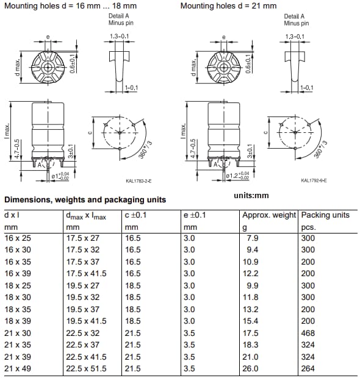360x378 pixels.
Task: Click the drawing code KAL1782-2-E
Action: point(139,181)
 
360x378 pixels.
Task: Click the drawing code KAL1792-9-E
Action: point(314,180)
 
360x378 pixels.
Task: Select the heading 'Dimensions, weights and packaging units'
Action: point(85,200)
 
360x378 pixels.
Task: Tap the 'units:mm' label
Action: point(251,196)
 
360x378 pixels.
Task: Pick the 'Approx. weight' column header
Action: point(269,215)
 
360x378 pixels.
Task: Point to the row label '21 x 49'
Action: point(17,368)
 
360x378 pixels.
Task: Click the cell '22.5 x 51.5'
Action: point(86,368)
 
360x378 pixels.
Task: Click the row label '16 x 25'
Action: point(17,238)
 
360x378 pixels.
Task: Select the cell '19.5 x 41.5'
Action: point(86,321)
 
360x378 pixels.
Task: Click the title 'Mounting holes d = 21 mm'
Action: point(228,6)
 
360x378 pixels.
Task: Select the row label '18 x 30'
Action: point(17,297)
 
